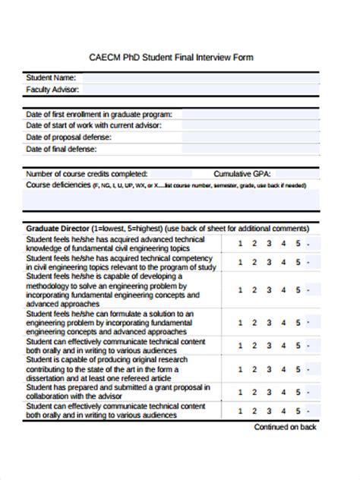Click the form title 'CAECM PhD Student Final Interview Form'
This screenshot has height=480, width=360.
pyautogui.click(x=180, y=57)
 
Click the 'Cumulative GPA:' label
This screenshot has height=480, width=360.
pyautogui.click(x=242, y=173)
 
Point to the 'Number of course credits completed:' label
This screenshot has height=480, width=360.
pyautogui.click(x=87, y=173)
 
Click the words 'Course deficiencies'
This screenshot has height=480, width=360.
pyautogui.click(x=58, y=185)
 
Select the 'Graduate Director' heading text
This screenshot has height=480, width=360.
pyautogui.click(x=58, y=228)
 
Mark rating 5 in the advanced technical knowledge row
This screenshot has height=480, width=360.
pyautogui.click(x=298, y=244)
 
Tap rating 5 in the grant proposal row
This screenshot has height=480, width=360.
pyautogui.click(x=298, y=391)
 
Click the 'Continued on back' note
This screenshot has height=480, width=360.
pyautogui.click(x=285, y=428)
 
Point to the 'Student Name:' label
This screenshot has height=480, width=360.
pyautogui.click(x=51, y=77)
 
